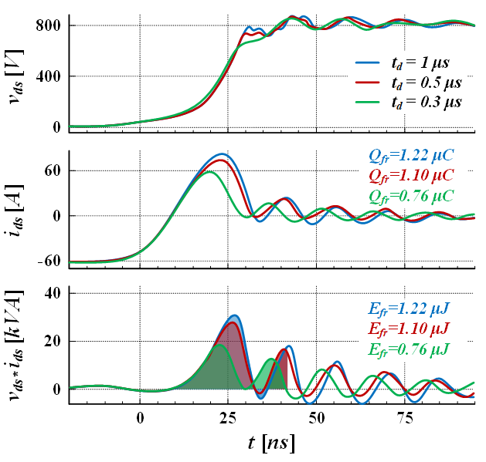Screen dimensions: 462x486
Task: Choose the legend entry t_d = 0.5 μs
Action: coord(426,83)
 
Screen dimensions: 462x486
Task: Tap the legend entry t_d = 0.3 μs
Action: coord(426,102)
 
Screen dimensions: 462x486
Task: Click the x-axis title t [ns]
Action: coord(270,444)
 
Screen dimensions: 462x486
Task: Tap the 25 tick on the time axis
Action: coord(228,419)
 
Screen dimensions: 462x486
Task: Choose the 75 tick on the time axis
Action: coord(404,419)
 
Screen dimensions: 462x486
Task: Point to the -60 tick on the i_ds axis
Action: coord(48,261)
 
